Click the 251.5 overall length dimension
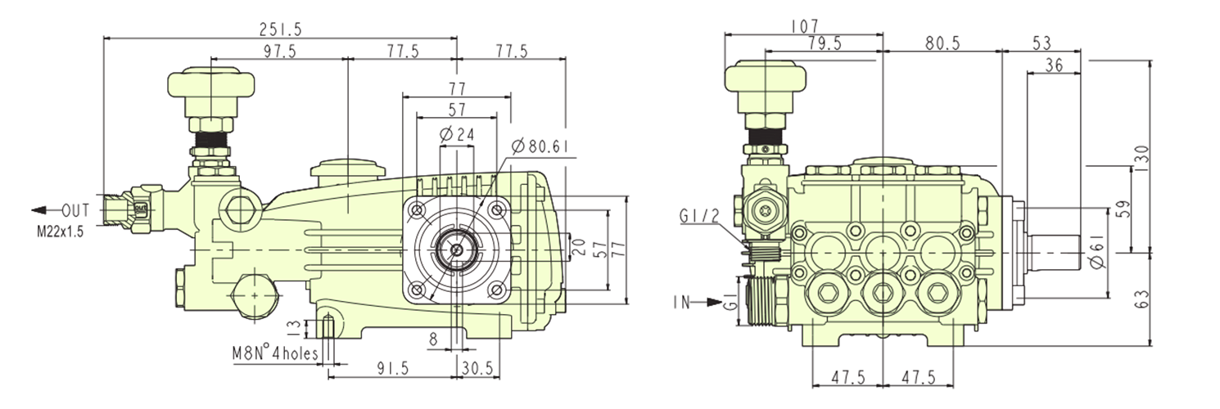coord(280,29)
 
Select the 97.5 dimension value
coord(281,52)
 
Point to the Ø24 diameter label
coord(457,135)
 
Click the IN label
coord(681,303)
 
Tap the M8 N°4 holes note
coord(273,354)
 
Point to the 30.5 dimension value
coord(477,369)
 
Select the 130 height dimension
coord(1143,154)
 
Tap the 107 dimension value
coord(804,27)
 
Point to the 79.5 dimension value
coord(823,43)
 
